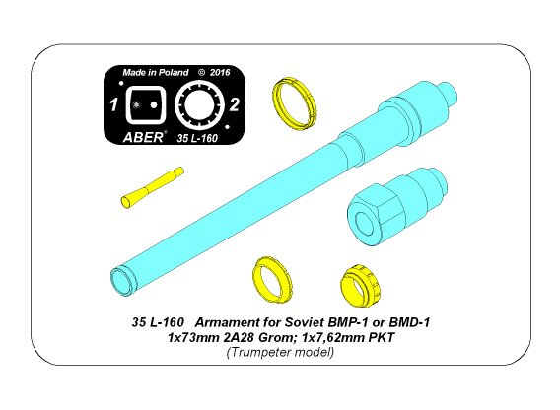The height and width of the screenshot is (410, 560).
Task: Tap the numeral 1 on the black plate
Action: tap(114, 102)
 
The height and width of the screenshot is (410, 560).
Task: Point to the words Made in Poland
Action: tap(154, 72)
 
